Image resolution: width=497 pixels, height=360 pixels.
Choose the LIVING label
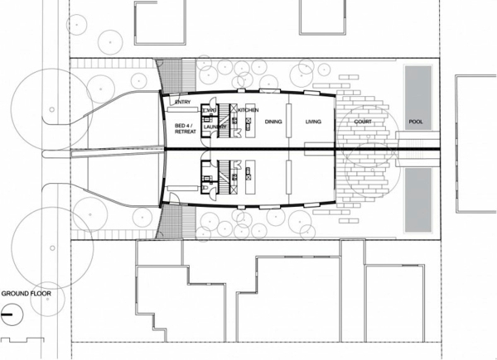tap(313, 122)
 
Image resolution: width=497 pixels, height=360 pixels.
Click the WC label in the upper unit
tap(210, 110)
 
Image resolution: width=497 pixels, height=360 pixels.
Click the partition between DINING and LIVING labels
tap(289, 122)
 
